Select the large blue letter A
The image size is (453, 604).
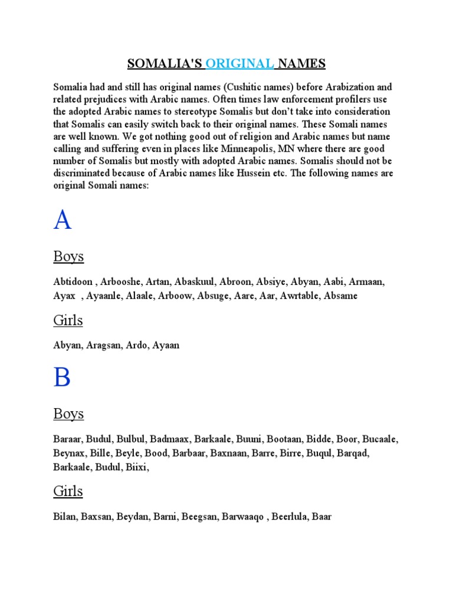pos(63,220)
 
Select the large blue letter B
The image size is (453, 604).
pos(62,377)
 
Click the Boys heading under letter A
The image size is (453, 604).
pos(68,257)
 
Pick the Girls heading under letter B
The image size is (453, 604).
pos(68,491)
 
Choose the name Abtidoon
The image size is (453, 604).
pos(74,282)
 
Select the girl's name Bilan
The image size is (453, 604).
pos(65,517)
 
